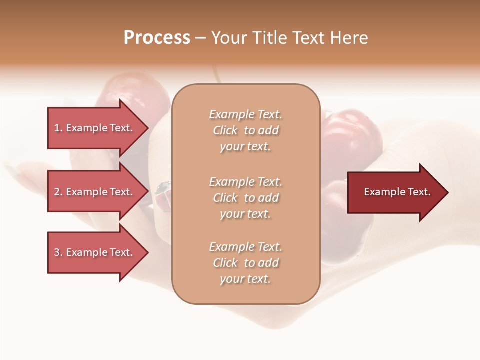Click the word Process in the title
pyautogui.click(x=157, y=38)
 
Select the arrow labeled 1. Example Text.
pyautogui.click(x=95, y=128)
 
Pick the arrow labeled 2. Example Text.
pyautogui.click(x=95, y=192)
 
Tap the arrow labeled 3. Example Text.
pyautogui.click(x=95, y=252)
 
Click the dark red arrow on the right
pyautogui.click(x=395, y=192)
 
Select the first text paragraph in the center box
pyautogui.click(x=245, y=130)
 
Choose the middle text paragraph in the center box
pyautogui.click(x=245, y=198)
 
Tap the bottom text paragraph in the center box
pyautogui.click(x=245, y=263)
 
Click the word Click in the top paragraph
pyautogui.click(x=225, y=130)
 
